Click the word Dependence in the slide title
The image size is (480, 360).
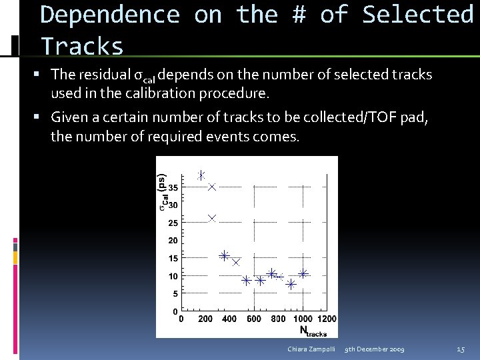[111, 15]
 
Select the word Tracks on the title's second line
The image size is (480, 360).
[83, 47]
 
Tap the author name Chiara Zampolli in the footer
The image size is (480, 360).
[311, 349]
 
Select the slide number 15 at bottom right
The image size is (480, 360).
[461, 349]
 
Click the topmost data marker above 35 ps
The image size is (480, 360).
[201, 175]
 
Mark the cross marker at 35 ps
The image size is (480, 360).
[212, 187]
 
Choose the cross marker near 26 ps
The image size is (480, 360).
[212, 217]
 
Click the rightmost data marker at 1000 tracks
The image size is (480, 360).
[303, 273]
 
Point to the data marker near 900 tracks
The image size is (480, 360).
[291, 284]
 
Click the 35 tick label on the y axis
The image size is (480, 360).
[173, 187]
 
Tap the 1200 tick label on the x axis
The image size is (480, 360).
[327, 319]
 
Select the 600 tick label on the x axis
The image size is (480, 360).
[254, 319]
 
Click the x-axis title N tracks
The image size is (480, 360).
[313, 331]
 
